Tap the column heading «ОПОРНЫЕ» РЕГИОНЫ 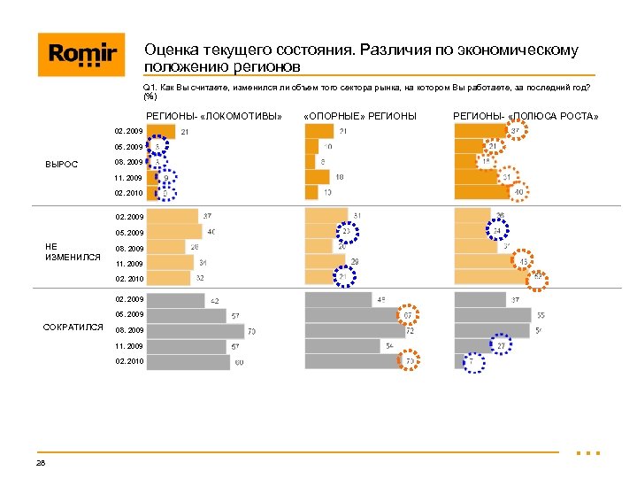(359, 117)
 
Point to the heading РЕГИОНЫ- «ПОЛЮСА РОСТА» (526, 117)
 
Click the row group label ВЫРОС (61, 164)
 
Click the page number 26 (41, 463)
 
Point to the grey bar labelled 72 (354, 331)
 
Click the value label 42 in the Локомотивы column (214, 301)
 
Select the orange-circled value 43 (524, 262)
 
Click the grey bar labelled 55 (491, 315)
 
